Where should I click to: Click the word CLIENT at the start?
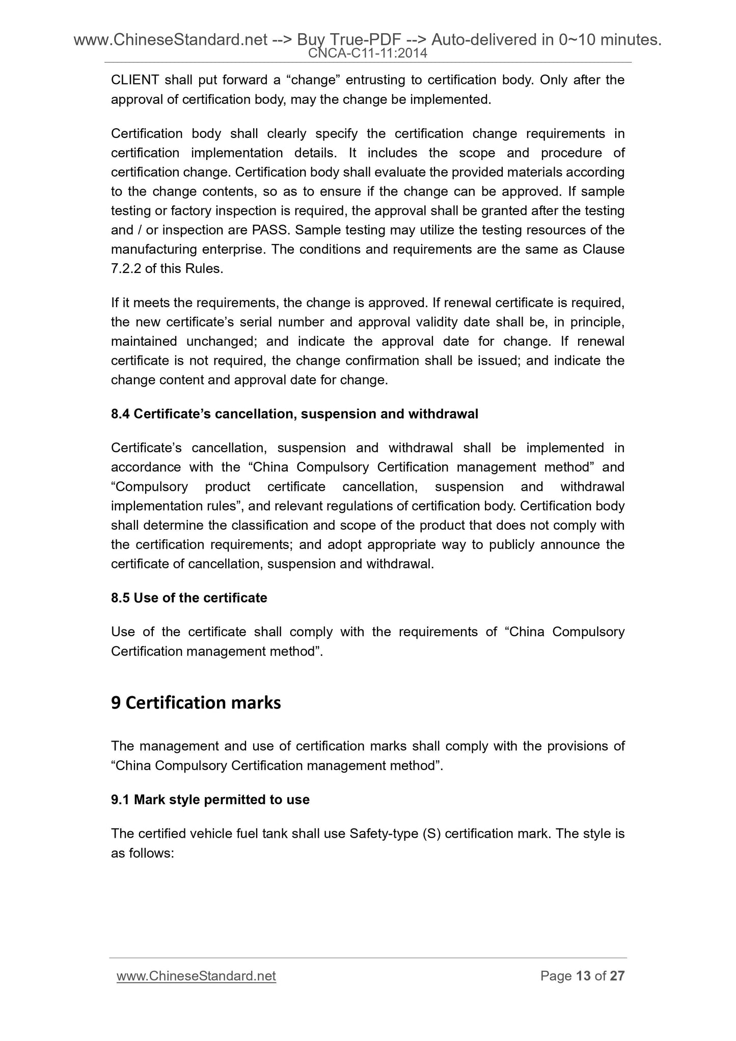click(134, 80)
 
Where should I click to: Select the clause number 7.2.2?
click(126, 269)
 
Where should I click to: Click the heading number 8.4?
click(120, 414)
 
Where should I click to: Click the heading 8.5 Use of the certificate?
click(189, 598)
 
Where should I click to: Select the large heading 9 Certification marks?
click(196, 703)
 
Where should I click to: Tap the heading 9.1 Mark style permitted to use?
click(210, 800)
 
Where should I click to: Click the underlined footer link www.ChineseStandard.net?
click(196, 976)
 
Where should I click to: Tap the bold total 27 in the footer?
click(617, 976)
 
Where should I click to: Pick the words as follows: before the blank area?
click(143, 853)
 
